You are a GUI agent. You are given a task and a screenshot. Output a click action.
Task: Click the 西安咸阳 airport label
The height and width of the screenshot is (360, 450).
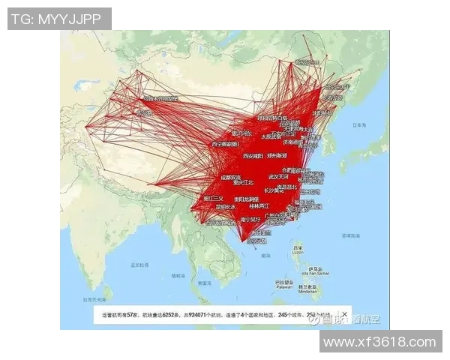[x=254, y=157]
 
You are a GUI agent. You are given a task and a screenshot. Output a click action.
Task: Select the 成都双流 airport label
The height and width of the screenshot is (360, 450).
[x=232, y=177]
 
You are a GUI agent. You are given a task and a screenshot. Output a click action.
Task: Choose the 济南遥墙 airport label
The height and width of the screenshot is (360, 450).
[x=294, y=141]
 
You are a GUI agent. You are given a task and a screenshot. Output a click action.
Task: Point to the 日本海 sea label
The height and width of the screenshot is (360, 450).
[x=361, y=125]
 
